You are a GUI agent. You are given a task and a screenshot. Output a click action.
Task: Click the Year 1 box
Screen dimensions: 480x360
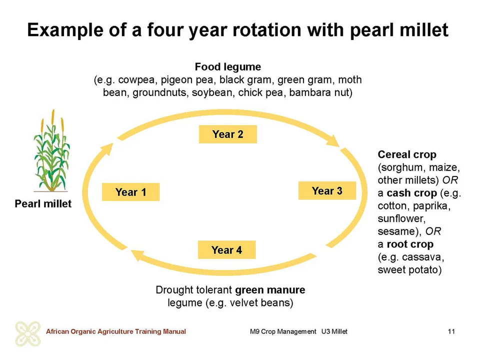click(x=130, y=192)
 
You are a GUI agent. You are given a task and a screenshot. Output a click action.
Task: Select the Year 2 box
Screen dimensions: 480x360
click(x=228, y=134)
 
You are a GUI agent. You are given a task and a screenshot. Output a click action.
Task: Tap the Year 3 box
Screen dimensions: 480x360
click(x=327, y=190)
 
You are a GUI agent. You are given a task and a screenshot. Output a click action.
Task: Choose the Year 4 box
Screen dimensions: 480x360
click(x=226, y=250)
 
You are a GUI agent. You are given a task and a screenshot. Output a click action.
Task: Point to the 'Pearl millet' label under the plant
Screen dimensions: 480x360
click(x=43, y=203)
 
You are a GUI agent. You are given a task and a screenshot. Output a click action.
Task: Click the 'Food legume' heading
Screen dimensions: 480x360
click(x=228, y=66)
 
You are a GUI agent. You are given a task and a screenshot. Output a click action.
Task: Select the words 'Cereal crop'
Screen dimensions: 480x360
click(x=407, y=154)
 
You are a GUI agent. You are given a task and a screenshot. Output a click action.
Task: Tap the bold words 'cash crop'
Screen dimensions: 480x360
click(x=411, y=193)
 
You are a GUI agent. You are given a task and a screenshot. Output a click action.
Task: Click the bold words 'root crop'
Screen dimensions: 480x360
click(x=410, y=244)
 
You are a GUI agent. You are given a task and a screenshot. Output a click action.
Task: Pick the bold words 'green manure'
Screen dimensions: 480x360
click(x=270, y=290)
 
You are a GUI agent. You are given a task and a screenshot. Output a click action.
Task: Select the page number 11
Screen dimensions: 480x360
click(x=451, y=331)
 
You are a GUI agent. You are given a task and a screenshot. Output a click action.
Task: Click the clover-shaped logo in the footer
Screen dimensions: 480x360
click(x=28, y=333)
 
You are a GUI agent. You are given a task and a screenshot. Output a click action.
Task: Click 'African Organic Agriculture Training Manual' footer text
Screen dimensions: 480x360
click(x=115, y=331)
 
